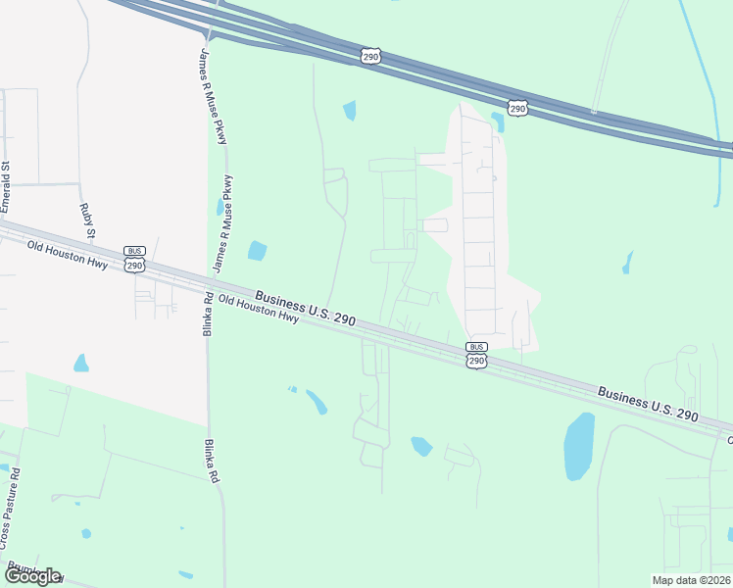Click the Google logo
[x=32, y=576]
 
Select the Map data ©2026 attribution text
[x=690, y=580]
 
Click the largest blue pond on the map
[x=579, y=446]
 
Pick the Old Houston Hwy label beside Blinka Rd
[x=258, y=310]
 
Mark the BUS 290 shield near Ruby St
[x=134, y=259]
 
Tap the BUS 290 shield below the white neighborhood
[x=476, y=355]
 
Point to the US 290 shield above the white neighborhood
[x=516, y=107]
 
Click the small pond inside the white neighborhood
[x=497, y=122]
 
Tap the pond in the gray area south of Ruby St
[x=80, y=364]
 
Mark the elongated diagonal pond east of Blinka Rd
[x=317, y=402]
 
